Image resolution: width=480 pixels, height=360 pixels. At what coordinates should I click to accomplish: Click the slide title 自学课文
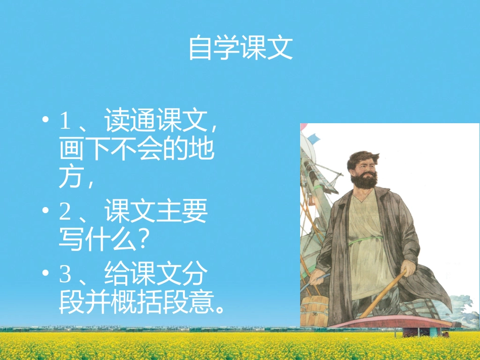(x=241, y=48)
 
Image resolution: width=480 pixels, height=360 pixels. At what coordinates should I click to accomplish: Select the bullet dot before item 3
(x=46, y=274)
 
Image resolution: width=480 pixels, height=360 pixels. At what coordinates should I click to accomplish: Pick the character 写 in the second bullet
(x=70, y=240)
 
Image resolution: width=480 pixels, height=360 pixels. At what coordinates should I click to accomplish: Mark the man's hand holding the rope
(x=318, y=277)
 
